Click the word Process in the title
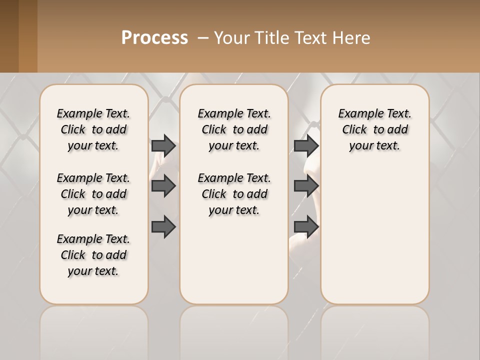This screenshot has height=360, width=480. (154, 37)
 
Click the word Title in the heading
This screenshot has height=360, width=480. (270, 38)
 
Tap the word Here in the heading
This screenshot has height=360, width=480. (351, 38)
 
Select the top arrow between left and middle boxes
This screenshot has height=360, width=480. (163, 145)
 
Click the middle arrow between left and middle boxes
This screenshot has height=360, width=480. (163, 186)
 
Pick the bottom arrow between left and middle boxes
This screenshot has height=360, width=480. (163, 226)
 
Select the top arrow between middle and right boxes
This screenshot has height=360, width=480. (306, 145)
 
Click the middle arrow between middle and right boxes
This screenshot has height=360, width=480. (306, 186)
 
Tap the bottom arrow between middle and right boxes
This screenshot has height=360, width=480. (306, 226)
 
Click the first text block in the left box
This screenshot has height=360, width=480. (93, 129)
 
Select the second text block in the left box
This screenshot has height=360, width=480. (93, 194)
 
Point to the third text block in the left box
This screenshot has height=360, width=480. (93, 255)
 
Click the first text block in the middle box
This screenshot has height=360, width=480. (234, 129)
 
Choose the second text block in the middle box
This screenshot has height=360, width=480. (234, 194)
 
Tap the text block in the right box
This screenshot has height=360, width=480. (375, 129)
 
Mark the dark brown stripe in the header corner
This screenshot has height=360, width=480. (9, 36)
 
